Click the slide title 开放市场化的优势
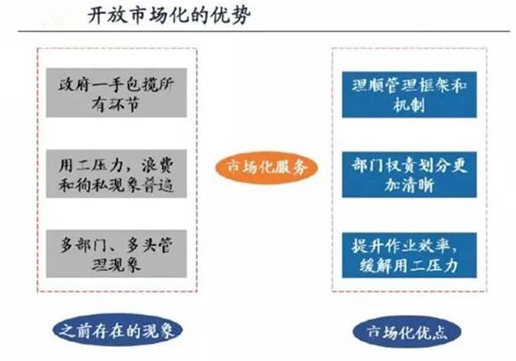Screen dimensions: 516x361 tap(169, 15)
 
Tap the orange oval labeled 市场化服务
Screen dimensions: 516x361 tap(267, 168)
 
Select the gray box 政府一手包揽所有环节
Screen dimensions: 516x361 tap(117, 93)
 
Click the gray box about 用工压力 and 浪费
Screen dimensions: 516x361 tap(117, 174)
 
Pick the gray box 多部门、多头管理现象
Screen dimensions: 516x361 tap(117, 254)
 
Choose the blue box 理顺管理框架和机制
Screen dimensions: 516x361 tap(409, 94)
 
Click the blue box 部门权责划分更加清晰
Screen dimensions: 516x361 tap(409, 175)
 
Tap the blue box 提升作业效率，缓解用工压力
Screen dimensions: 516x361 tap(409, 255)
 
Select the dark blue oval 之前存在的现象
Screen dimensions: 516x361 tap(117, 330)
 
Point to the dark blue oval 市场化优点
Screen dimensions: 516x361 tap(407, 332)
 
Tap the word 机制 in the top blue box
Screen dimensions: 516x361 tap(408, 105)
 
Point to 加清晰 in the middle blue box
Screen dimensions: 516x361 tap(409, 185)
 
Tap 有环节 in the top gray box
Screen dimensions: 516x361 tap(116, 105)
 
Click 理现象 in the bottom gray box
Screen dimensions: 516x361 tap(117, 265)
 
